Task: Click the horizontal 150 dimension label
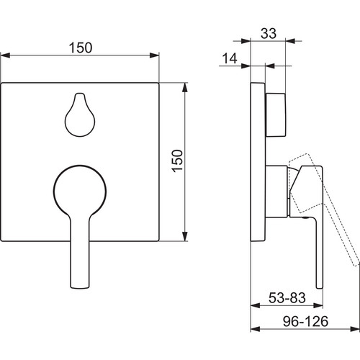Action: [81, 48]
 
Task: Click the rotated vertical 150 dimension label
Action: [177, 161]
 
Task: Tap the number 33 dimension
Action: [269, 33]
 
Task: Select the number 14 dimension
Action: [230, 58]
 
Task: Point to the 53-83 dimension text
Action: [287, 298]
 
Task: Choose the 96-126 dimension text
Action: [305, 321]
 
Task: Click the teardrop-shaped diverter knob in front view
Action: [80, 114]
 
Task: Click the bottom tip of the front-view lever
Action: [80, 287]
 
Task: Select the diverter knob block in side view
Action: [276, 115]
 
